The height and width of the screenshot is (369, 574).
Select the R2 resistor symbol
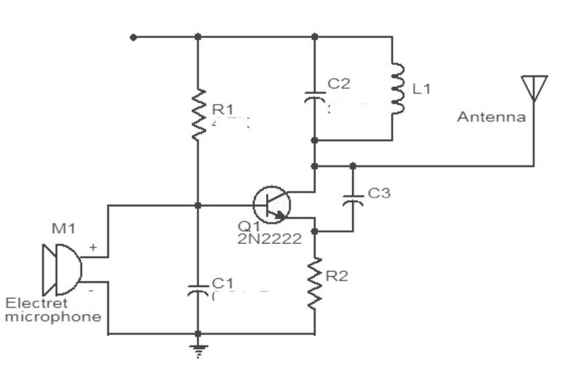316,282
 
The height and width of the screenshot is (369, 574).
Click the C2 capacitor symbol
314,92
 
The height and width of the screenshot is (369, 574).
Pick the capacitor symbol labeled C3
352,201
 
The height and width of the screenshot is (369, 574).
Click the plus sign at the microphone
92,249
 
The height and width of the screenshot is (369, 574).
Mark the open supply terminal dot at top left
133,36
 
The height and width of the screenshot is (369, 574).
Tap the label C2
338,84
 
